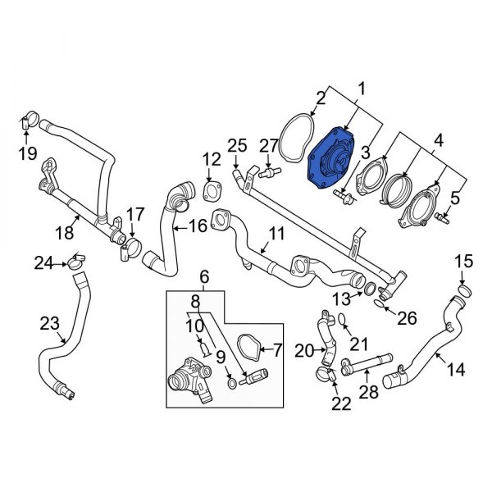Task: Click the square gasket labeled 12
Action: pos(211,192)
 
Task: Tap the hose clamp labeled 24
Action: pos(75,262)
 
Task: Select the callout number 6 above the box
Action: pos(205,279)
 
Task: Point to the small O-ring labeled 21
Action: pos(344,319)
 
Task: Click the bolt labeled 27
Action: pos(268,172)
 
